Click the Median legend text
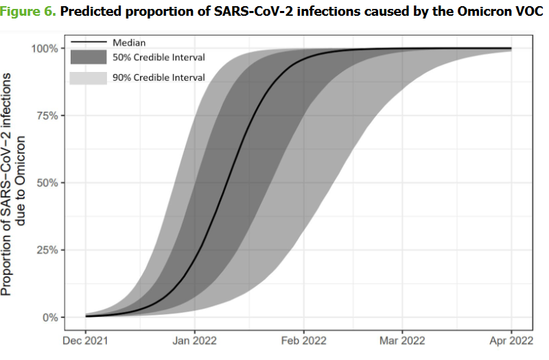[x=129, y=42]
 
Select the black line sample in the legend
[x=88, y=42]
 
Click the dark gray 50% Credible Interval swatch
[x=88, y=57]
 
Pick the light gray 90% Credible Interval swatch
[x=88, y=77]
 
